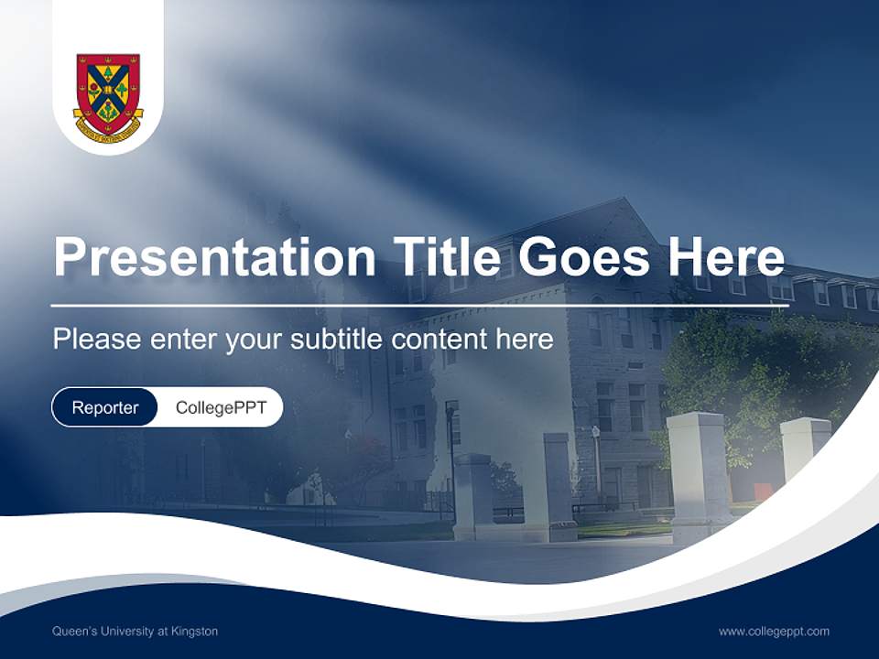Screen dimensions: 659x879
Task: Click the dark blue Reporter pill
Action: (x=105, y=407)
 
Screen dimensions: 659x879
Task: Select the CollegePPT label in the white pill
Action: (x=221, y=407)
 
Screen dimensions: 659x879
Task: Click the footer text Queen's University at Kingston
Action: (x=136, y=632)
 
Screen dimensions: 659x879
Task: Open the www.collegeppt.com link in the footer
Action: (x=774, y=632)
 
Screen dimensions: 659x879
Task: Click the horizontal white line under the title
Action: (x=419, y=306)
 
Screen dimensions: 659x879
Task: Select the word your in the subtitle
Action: (x=255, y=340)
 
